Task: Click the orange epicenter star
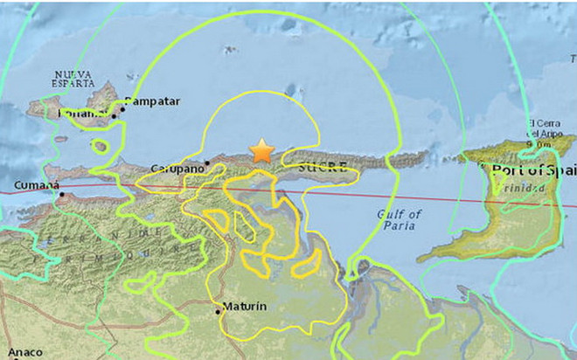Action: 261,151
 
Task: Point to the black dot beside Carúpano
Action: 206,162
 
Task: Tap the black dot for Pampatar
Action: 122,108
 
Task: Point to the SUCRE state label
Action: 316,165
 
